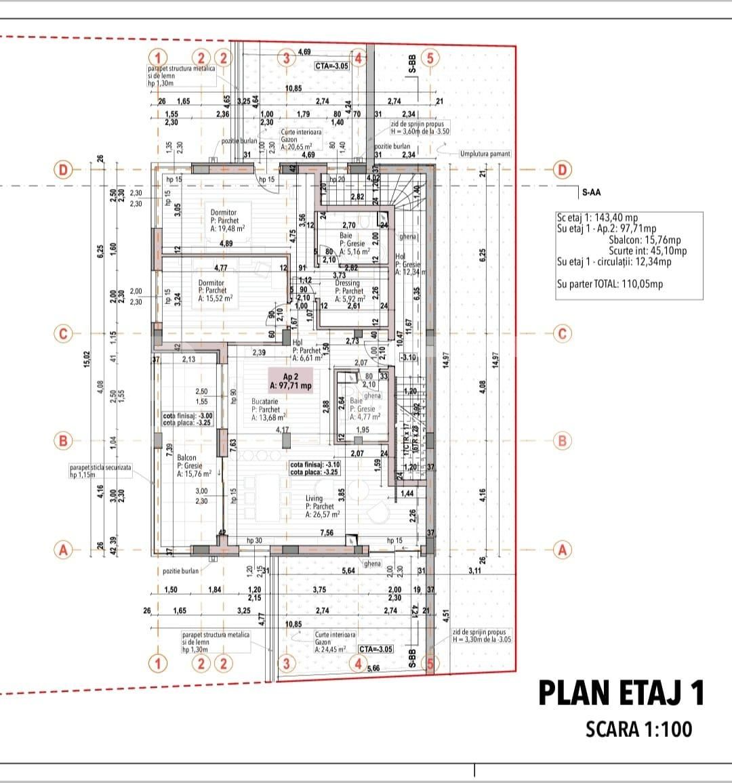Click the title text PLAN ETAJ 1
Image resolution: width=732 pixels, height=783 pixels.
[x=621, y=693]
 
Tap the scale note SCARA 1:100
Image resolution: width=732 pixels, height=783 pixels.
[x=638, y=729]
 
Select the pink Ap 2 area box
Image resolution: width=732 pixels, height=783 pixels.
[x=290, y=381]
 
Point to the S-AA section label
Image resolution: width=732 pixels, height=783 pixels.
[x=591, y=192]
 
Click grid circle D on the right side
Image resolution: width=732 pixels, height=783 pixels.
[x=562, y=169]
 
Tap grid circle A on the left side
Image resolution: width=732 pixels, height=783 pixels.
[x=63, y=549]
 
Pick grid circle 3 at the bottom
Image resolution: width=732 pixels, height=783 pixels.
[x=286, y=663]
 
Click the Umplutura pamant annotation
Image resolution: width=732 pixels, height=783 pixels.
[x=485, y=154]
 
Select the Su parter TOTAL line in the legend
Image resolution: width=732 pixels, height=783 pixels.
[x=609, y=284]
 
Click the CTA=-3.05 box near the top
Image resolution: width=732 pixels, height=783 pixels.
[x=331, y=66]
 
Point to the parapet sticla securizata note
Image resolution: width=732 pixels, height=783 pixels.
[x=100, y=471]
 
